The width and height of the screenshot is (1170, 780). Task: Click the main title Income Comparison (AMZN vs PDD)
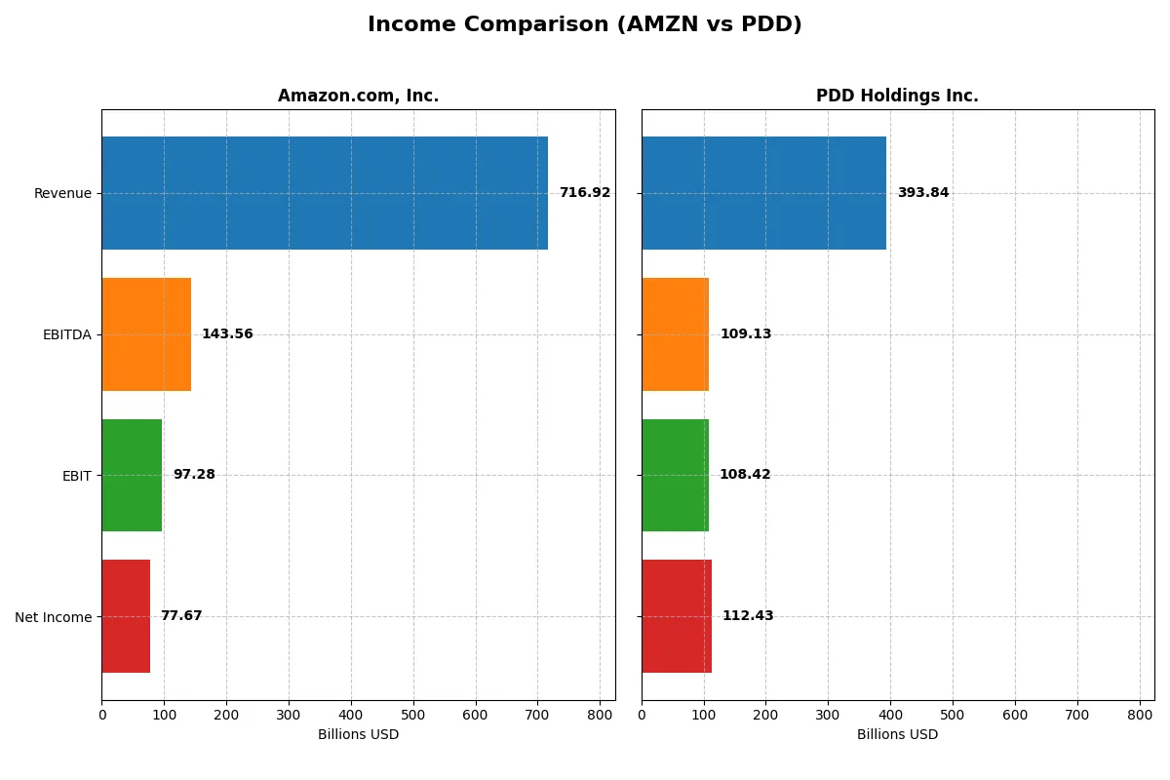point(584,25)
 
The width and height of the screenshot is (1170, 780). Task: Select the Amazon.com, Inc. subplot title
point(358,96)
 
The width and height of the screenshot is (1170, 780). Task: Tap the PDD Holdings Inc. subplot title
point(897,96)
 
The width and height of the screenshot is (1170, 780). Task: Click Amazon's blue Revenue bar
point(325,193)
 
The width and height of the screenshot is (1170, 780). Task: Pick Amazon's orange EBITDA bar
point(146,334)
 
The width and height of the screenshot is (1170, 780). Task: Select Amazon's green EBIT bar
point(132,475)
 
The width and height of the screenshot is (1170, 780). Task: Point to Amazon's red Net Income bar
point(126,616)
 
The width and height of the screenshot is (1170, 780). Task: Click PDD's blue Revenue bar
point(763,193)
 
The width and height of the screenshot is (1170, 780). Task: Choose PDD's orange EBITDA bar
point(675,334)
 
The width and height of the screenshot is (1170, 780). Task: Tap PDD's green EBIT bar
point(675,475)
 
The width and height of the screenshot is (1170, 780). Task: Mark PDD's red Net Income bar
point(677,616)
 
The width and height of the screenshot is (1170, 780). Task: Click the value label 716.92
point(584,193)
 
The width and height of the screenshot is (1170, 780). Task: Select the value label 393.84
point(922,193)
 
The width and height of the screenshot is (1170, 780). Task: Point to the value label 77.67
point(181,616)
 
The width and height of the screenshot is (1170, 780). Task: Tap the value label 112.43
point(747,616)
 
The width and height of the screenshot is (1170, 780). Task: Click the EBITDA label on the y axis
point(66,334)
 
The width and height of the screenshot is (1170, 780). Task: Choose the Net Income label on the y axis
point(53,617)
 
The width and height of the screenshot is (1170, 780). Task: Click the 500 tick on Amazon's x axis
point(413,715)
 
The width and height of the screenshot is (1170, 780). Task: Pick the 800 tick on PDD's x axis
point(1139,715)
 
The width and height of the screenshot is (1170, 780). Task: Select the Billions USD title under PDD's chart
point(897,735)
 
